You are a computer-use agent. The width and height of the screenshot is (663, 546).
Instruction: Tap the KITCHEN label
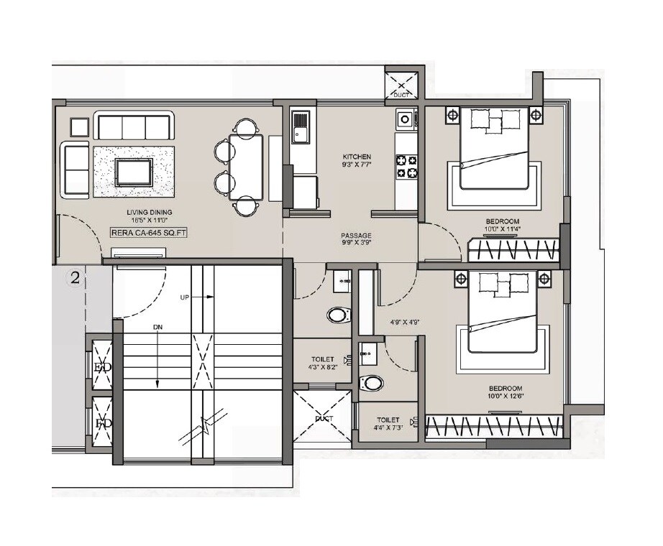click(x=357, y=156)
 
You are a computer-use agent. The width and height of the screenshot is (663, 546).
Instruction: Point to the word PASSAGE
click(x=356, y=235)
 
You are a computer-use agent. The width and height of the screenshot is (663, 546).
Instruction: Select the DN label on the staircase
click(x=157, y=327)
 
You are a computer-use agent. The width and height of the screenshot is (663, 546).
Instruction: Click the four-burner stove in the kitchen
click(x=406, y=167)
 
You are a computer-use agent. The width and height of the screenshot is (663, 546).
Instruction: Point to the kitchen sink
click(x=300, y=126)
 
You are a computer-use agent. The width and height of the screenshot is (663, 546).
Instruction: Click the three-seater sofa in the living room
click(x=134, y=126)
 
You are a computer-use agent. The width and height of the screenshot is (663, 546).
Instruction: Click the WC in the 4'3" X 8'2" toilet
click(x=338, y=315)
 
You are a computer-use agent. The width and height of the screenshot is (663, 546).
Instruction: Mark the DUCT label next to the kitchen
click(x=401, y=93)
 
